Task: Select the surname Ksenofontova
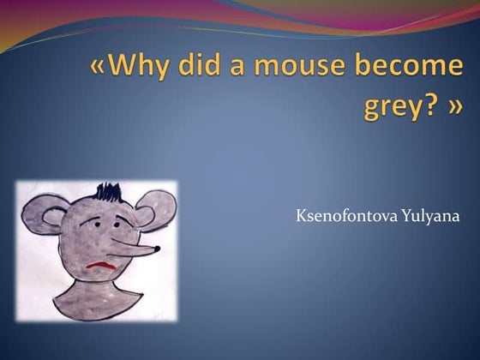point(346,216)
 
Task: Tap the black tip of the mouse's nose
point(156,249)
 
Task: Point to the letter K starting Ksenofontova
point(300,215)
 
